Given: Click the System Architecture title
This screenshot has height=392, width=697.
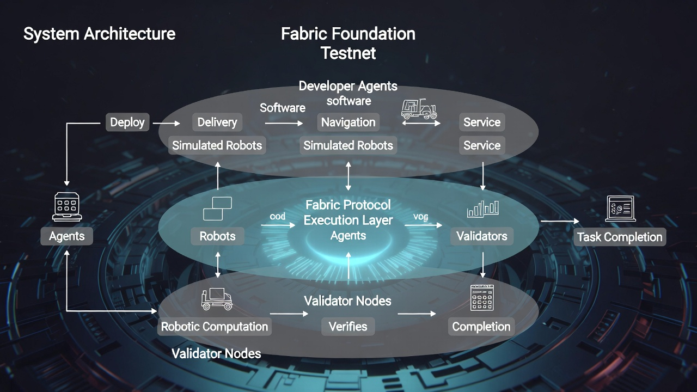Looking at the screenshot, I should (x=99, y=34).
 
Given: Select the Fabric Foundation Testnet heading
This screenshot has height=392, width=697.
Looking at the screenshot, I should (x=348, y=43).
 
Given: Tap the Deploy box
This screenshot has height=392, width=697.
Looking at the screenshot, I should (x=127, y=122).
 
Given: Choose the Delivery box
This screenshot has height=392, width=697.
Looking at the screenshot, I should (x=217, y=122).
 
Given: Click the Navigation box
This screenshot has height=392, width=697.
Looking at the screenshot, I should (x=348, y=122).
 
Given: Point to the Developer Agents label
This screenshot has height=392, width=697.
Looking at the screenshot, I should (x=348, y=86).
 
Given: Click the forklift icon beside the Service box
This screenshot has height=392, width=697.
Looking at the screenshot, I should (x=419, y=109).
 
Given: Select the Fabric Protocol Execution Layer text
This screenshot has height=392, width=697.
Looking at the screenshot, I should (x=348, y=212).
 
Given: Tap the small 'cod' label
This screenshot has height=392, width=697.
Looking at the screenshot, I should (x=277, y=217).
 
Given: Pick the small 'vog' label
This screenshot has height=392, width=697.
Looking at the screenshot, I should (x=420, y=217).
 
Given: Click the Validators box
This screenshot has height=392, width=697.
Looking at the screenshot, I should (x=481, y=236).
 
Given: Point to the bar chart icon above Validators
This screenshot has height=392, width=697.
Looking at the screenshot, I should (x=482, y=209).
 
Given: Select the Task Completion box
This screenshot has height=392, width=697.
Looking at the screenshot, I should (x=620, y=237).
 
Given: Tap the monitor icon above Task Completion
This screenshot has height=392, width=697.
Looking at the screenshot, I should (x=620, y=209).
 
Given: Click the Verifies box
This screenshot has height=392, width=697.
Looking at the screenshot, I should (x=348, y=327).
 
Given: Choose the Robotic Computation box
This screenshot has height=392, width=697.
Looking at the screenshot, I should (x=215, y=327).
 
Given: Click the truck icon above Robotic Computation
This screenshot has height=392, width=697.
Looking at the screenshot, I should (x=216, y=299).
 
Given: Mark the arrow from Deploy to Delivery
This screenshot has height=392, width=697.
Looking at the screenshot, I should (x=166, y=124).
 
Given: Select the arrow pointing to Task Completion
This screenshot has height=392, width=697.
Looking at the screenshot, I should (x=560, y=221).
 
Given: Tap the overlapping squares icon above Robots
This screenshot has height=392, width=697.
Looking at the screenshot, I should (x=217, y=209).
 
